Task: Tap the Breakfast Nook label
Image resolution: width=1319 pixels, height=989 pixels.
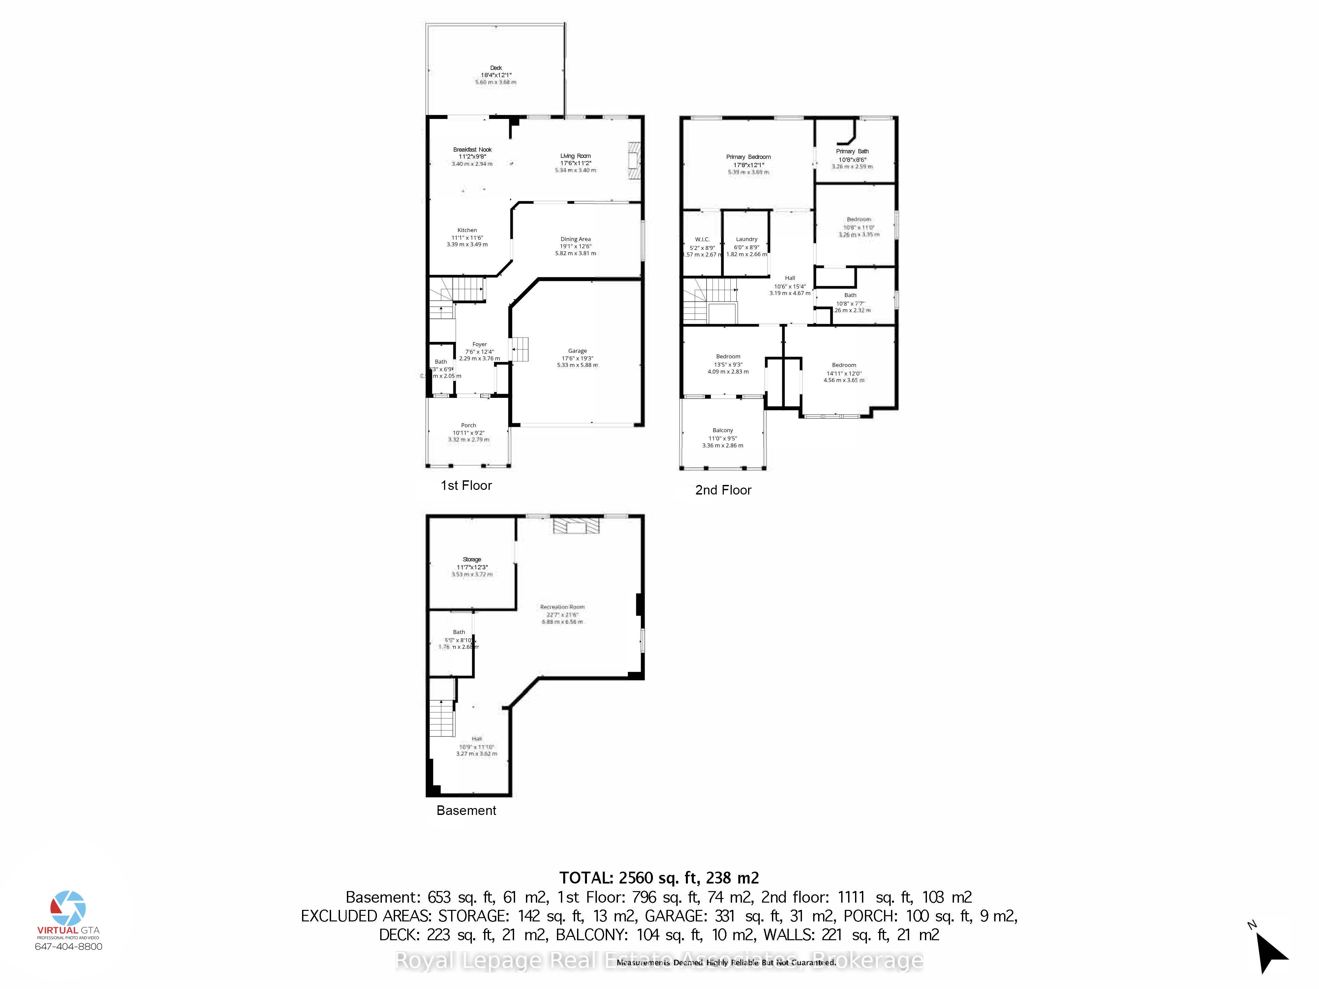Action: click(x=472, y=150)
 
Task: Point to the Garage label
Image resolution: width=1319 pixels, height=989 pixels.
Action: click(x=577, y=351)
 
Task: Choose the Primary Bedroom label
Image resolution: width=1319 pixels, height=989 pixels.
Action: click(x=748, y=157)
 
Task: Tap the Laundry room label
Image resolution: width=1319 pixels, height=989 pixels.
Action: click(x=747, y=239)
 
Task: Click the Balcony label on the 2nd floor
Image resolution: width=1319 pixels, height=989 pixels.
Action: click(x=723, y=431)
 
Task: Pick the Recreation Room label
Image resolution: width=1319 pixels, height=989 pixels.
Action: click(x=562, y=607)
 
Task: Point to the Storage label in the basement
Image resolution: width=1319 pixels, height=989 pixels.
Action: click(x=472, y=559)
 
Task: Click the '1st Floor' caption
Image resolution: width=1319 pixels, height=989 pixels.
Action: click(x=466, y=485)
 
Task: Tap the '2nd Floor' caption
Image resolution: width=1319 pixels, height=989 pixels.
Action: click(x=723, y=490)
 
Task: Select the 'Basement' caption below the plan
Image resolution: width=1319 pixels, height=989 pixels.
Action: click(x=466, y=810)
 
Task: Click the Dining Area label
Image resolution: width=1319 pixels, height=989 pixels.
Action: click(x=575, y=239)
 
